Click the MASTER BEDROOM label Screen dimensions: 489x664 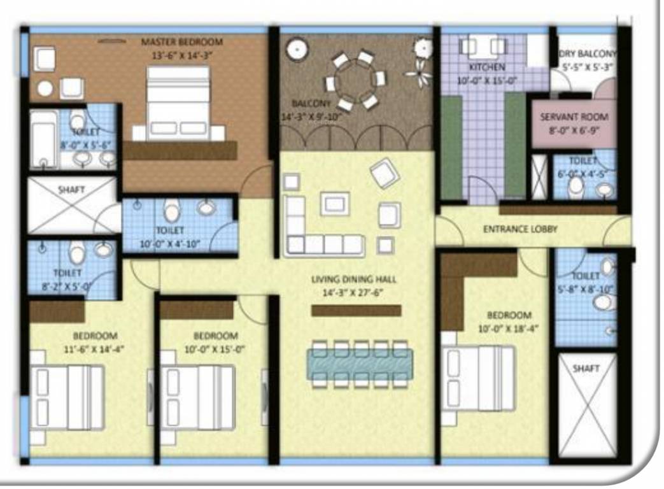click(181, 42)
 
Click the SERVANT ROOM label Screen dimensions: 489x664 click(574, 117)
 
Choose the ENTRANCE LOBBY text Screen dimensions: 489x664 click(519, 229)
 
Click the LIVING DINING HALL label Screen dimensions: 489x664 click(354, 280)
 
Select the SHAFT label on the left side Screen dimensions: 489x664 click(71, 190)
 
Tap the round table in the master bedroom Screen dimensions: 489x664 click(45, 89)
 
